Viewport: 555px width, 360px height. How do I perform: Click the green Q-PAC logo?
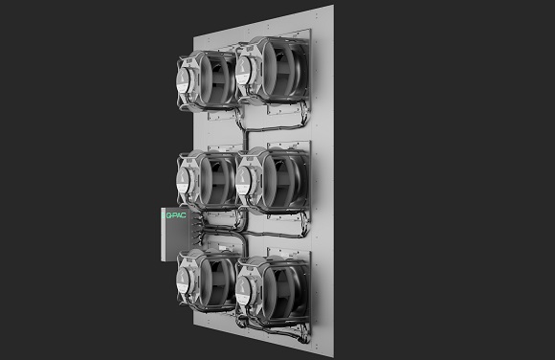point(175,215)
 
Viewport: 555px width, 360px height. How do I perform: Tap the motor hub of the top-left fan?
point(184,80)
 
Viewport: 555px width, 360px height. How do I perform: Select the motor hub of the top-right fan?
point(243,72)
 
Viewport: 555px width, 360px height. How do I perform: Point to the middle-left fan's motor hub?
point(184,180)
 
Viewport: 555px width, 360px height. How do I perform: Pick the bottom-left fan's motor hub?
point(184,280)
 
